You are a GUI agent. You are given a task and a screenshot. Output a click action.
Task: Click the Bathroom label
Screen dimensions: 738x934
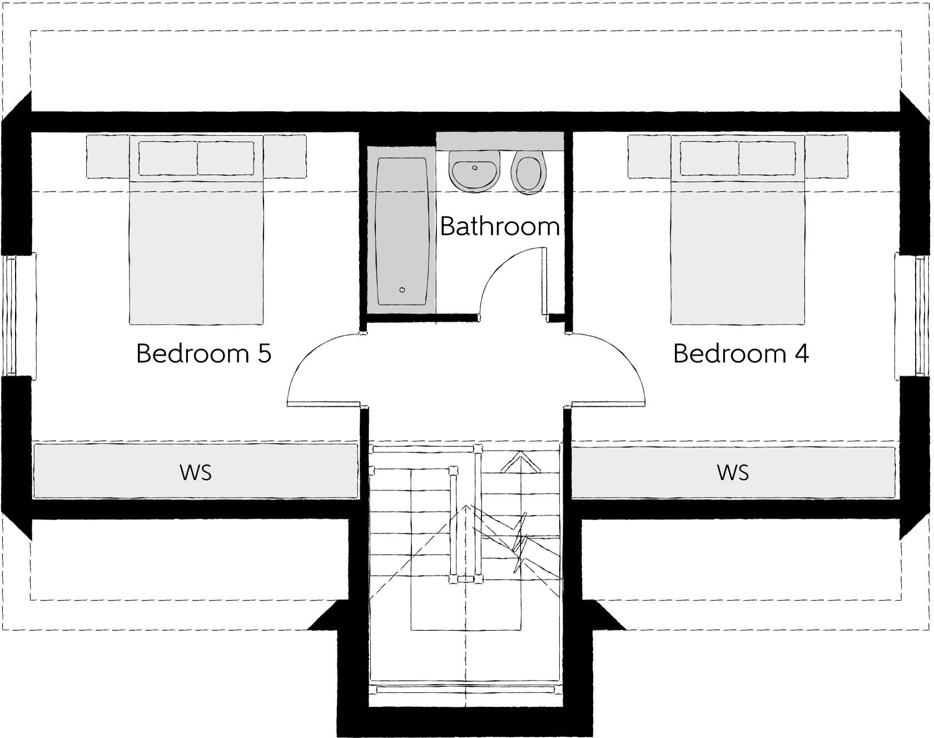click(x=499, y=226)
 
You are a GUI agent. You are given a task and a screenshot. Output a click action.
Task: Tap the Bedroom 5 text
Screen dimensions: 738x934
click(x=203, y=353)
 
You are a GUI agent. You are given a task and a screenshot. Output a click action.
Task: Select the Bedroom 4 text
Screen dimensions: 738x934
click(x=741, y=353)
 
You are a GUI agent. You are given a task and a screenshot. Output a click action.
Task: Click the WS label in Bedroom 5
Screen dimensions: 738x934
click(x=196, y=472)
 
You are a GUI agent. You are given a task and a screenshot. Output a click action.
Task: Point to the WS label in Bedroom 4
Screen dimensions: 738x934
click(x=733, y=472)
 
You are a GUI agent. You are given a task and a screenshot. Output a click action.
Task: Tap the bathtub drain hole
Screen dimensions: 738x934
click(x=403, y=290)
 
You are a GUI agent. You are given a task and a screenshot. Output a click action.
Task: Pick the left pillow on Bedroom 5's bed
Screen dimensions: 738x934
click(x=168, y=158)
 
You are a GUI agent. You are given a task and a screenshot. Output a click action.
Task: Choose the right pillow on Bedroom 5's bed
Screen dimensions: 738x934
click(x=226, y=158)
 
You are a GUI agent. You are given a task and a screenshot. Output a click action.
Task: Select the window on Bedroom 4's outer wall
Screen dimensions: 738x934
click(x=923, y=315)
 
